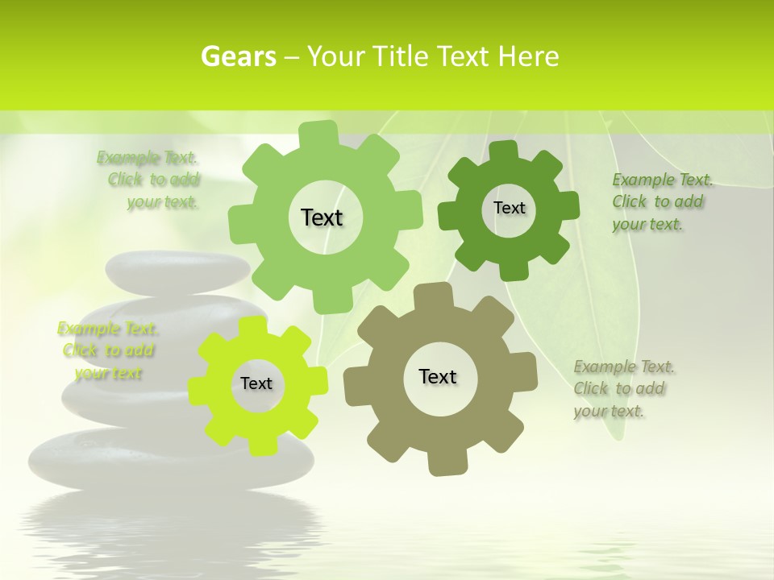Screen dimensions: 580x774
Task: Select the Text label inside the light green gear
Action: point(322,217)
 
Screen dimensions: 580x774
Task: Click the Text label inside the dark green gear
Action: point(509,208)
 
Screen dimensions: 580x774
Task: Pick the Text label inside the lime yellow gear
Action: point(256,383)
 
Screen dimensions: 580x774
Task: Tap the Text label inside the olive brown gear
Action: point(438,376)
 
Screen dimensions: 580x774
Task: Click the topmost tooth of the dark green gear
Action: point(504,150)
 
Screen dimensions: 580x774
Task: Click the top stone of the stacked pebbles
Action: point(177,272)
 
